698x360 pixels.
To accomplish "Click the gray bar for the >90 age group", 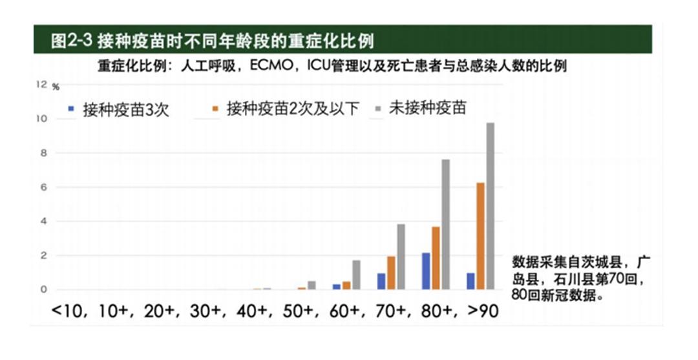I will pyautogui.click(x=490, y=206).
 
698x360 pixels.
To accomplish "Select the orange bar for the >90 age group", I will pyautogui.click(x=480, y=236).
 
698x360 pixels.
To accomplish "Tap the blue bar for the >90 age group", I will pyautogui.click(x=470, y=281).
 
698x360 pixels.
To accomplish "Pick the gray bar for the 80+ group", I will pyautogui.click(x=446, y=224).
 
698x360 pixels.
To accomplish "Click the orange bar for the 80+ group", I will pyautogui.click(x=436, y=258).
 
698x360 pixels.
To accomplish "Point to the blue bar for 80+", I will pyautogui.click(x=425, y=271).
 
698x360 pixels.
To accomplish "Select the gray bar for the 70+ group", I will pyautogui.click(x=401, y=257).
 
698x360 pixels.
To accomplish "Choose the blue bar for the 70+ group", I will pyautogui.click(x=381, y=281).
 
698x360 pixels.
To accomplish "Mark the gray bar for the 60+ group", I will pyautogui.click(x=356, y=275).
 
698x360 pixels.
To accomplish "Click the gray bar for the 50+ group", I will pyautogui.click(x=312, y=285).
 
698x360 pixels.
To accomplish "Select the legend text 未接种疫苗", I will pyautogui.click(x=427, y=109).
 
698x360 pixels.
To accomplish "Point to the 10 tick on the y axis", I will pyautogui.click(x=43, y=119).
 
